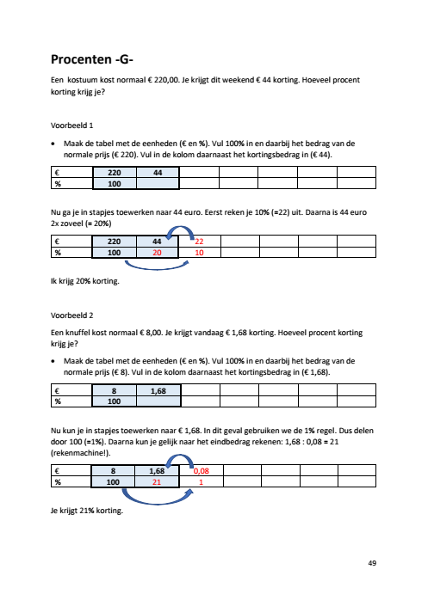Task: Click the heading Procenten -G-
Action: pyautogui.click(x=92, y=59)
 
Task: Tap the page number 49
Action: pyautogui.click(x=372, y=563)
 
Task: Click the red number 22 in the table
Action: pyautogui.click(x=199, y=242)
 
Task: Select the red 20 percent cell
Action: pyautogui.click(x=157, y=253)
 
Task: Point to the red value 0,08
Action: pyautogui.click(x=202, y=471)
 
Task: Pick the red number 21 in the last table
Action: pyautogui.click(x=157, y=482)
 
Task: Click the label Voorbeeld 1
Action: pyautogui.click(x=71, y=126)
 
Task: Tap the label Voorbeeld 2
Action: pyautogui.click(x=71, y=315)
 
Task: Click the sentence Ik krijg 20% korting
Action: pyautogui.click(x=85, y=281)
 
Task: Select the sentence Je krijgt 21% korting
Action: pyautogui.click(x=87, y=511)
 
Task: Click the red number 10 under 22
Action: pyautogui.click(x=199, y=253)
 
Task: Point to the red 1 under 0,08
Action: pyautogui.click(x=202, y=482)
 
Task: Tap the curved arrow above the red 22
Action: pyautogui.click(x=182, y=227)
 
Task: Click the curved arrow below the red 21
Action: pyautogui.click(x=158, y=504)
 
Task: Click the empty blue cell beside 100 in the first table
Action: pyautogui.click(x=158, y=184)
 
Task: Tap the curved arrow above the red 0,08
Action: pyautogui.click(x=182, y=456)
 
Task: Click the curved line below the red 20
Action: pyautogui.click(x=157, y=268)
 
